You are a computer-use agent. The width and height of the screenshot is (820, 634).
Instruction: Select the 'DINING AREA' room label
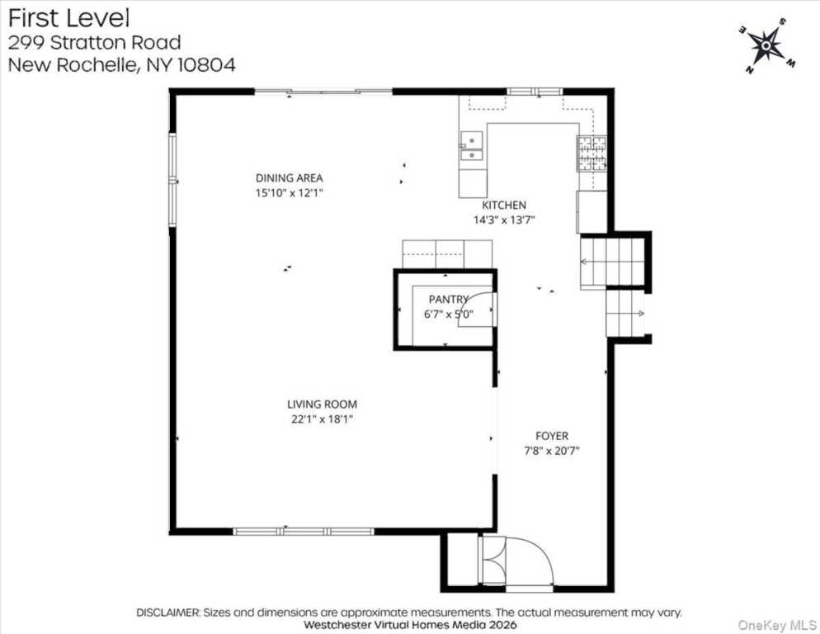click(289, 178)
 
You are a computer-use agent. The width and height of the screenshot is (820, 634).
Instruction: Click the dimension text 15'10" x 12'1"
click(289, 193)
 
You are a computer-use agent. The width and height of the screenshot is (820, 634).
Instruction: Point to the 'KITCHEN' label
click(504, 206)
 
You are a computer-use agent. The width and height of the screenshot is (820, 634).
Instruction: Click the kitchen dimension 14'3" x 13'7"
click(504, 220)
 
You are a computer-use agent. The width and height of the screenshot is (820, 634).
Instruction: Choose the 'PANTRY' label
click(448, 299)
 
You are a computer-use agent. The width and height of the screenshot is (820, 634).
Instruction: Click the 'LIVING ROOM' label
click(322, 405)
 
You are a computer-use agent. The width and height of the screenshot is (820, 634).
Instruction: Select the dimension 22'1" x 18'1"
click(322, 419)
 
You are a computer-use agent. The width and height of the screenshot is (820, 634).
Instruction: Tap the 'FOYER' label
click(552, 436)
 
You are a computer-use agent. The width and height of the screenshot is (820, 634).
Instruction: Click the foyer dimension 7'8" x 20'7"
click(552, 451)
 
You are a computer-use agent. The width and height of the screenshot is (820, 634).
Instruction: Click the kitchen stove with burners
click(591, 154)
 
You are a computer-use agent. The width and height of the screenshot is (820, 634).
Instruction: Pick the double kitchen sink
click(471, 146)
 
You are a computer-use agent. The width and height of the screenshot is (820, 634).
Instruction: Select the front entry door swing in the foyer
click(528, 561)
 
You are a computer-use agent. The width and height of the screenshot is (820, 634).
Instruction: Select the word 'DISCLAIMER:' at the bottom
click(168, 613)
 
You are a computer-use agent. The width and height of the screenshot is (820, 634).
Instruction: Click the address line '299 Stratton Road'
click(94, 42)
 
